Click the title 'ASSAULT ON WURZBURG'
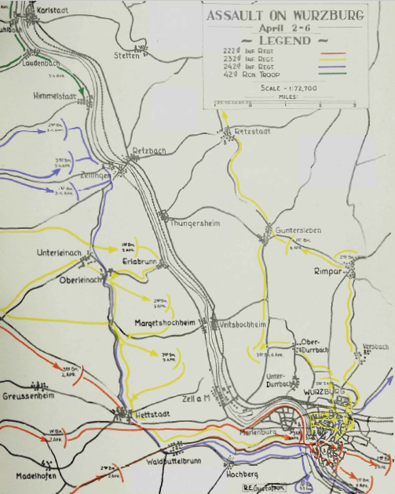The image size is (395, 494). tap(283, 15)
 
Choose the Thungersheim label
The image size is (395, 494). tap(196, 223)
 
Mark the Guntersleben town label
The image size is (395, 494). tap(298, 230)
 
